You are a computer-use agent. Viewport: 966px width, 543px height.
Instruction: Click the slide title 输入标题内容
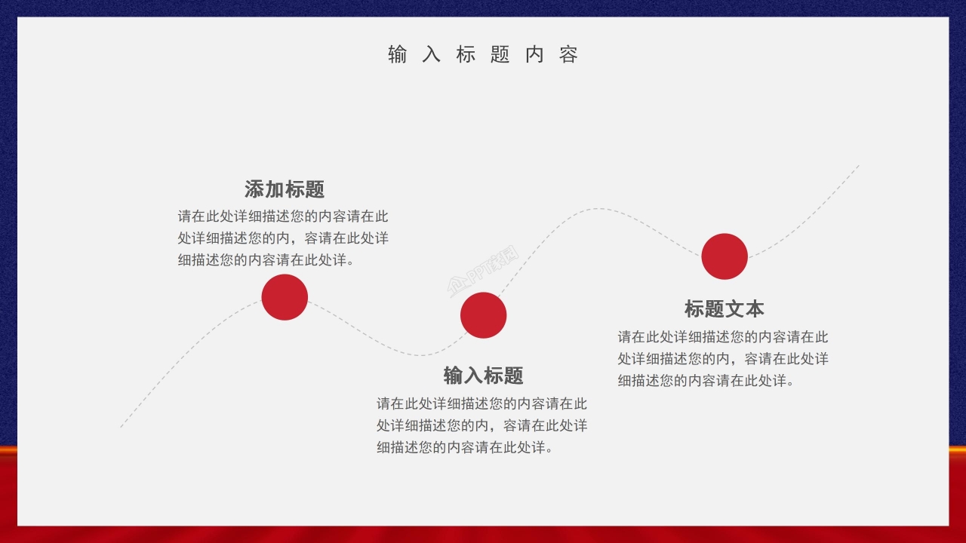tap(483, 54)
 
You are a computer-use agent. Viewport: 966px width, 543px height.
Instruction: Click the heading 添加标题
tap(285, 189)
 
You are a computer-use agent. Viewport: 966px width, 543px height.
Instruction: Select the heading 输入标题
tap(483, 375)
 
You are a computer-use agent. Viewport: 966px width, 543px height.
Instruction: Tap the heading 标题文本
tap(724, 308)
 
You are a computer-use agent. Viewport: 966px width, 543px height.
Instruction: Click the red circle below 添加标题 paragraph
tap(285, 297)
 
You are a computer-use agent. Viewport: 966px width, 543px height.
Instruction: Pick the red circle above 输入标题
tap(483, 315)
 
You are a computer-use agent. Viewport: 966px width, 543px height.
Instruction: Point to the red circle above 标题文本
tap(724, 256)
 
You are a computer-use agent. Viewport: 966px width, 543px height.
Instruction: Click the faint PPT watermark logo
tap(484, 271)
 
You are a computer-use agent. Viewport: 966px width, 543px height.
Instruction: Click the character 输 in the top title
tap(397, 54)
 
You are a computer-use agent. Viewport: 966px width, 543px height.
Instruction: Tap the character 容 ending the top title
tap(569, 54)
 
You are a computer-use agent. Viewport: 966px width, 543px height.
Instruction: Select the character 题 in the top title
tap(500, 54)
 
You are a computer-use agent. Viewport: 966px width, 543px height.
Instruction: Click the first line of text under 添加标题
tap(283, 216)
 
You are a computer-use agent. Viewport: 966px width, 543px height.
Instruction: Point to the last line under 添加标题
tap(266, 260)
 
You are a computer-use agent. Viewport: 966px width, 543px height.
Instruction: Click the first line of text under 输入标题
tap(481, 403)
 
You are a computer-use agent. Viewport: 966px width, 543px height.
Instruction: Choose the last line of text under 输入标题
tap(466, 447)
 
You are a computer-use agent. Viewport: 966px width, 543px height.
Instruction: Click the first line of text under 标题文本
tap(723, 336)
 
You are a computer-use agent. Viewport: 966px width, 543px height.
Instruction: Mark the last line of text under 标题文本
tap(706, 381)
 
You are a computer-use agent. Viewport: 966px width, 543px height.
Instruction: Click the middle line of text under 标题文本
tap(723, 359)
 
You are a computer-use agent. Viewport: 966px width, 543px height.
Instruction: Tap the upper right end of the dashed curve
tap(858, 166)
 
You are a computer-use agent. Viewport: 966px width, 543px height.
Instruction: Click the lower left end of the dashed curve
tap(122, 427)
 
